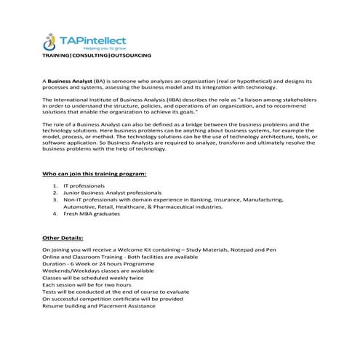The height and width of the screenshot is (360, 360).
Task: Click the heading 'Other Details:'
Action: (x=63, y=237)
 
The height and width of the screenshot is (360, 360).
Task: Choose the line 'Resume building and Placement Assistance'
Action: (x=98, y=305)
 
